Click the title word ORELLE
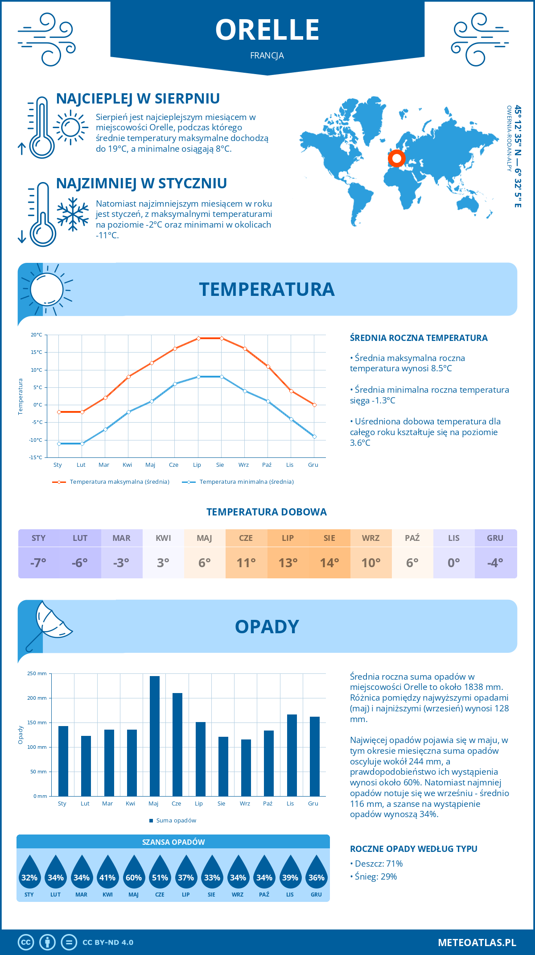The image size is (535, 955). (267, 30)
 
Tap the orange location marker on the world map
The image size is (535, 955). (396, 158)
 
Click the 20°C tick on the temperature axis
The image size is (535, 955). (37, 335)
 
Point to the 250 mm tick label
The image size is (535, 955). (37, 673)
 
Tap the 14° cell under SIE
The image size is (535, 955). (329, 563)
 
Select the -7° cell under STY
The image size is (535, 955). (38, 563)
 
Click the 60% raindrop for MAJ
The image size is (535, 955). (134, 872)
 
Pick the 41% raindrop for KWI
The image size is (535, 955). (107, 872)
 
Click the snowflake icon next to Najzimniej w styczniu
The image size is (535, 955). (73, 214)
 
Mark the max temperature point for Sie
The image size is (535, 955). (222, 338)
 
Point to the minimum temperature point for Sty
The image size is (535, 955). (59, 444)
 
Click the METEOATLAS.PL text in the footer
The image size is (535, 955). (477, 943)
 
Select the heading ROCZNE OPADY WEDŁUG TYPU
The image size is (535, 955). (413, 849)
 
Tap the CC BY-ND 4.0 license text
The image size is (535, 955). (108, 943)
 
